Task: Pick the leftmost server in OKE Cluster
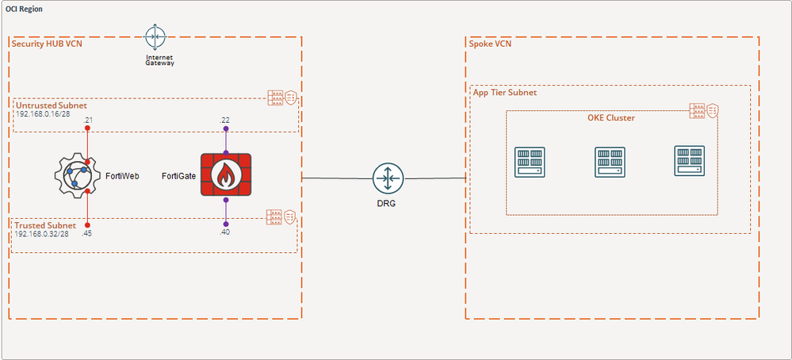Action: [x=529, y=162]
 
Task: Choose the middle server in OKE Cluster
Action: [x=610, y=162]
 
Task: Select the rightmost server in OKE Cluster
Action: [x=689, y=162]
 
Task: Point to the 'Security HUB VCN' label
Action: [x=47, y=43]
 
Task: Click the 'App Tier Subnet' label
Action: [x=504, y=93]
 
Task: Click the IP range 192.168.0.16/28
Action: [x=42, y=114]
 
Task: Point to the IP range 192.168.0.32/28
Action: [x=42, y=235]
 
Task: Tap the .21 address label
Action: [x=88, y=120]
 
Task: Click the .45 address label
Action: [x=88, y=233]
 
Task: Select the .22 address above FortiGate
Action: [x=225, y=120]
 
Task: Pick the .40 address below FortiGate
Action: [x=226, y=232]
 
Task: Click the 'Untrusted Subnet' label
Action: [x=51, y=105]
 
